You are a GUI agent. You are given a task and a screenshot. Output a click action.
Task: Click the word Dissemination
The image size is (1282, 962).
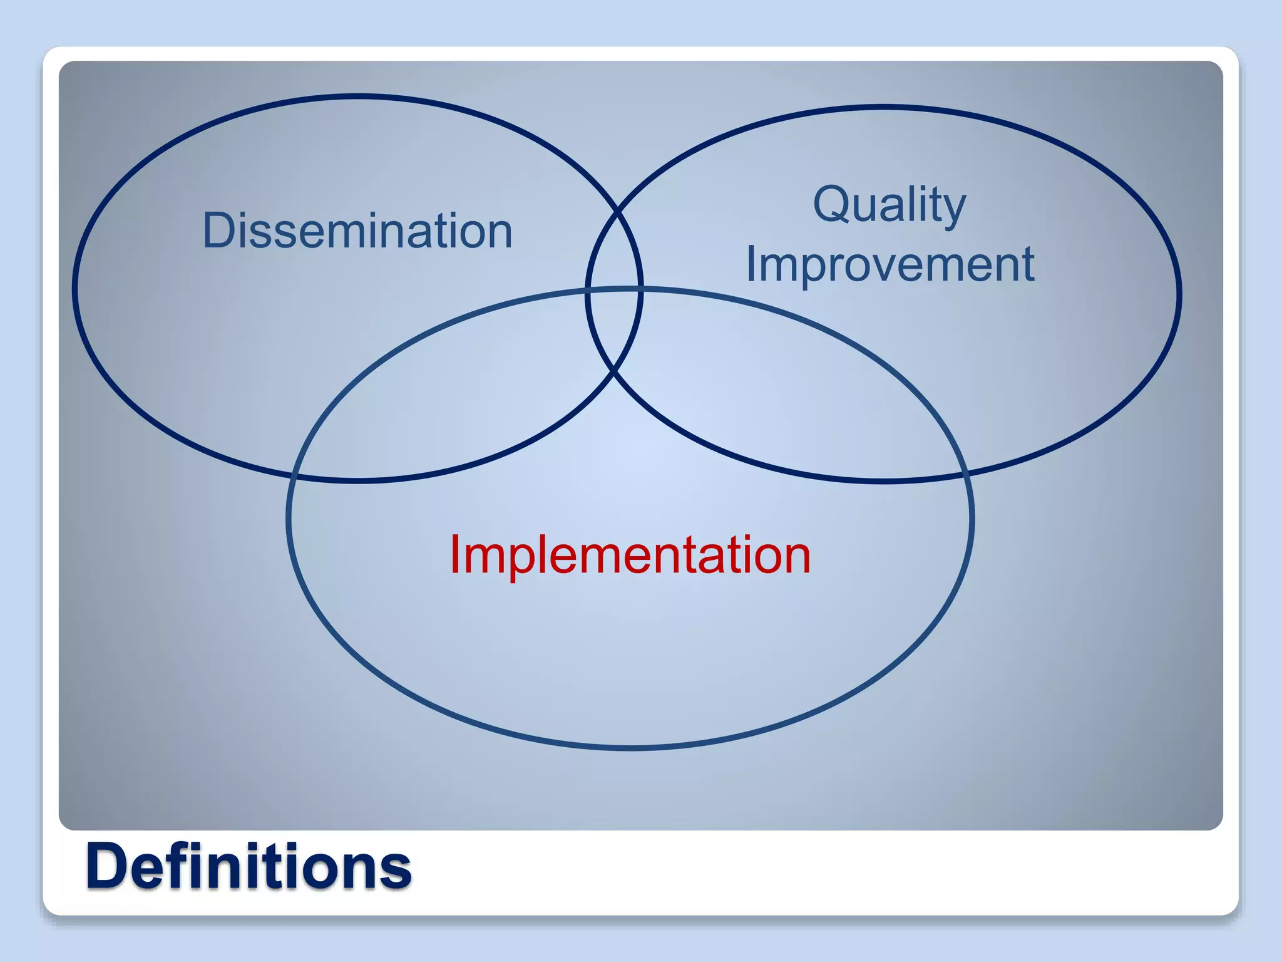click(357, 231)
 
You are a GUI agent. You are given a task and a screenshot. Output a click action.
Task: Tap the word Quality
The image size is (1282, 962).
click(889, 205)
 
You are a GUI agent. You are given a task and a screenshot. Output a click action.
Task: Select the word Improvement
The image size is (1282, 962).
click(890, 264)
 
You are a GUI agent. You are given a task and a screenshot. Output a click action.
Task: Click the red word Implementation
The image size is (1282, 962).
click(630, 554)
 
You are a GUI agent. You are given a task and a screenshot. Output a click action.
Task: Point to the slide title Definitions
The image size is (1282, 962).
click(249, 866)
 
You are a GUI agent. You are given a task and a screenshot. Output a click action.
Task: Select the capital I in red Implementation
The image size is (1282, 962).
click(454, 554)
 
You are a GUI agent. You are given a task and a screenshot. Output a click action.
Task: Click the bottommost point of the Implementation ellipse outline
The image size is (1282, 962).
click(630, 747)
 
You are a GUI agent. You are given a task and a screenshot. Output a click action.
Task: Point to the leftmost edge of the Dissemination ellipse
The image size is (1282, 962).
click(74, 288)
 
